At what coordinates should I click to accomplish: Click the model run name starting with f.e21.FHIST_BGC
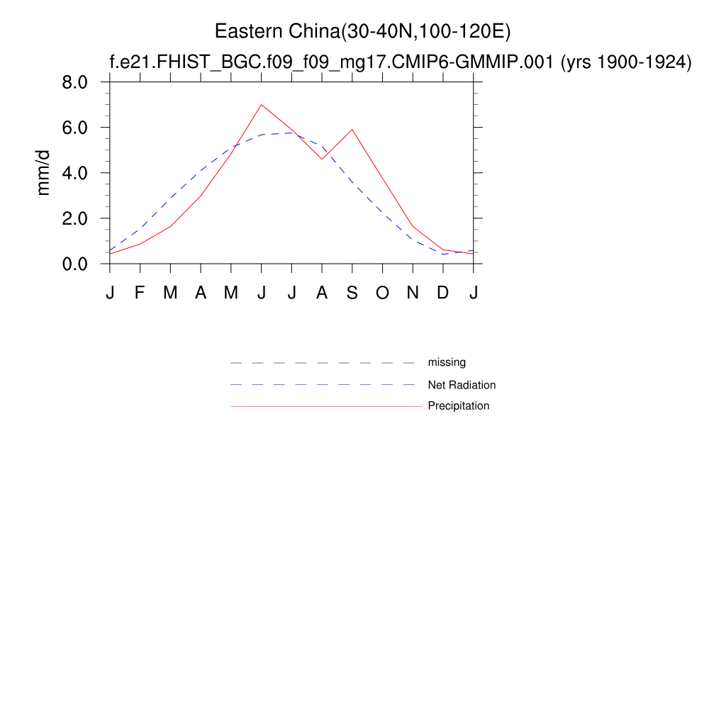(x=332, y=62)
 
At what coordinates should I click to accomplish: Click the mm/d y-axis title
(x=43, y=173)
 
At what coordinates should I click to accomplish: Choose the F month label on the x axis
(x=140, y=293)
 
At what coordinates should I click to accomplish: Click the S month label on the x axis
(x=352, y=293)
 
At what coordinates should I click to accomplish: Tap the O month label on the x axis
(x=382, y=293)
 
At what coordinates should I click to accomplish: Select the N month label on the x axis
(x=413, y=293)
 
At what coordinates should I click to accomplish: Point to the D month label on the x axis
(x=443, y=293)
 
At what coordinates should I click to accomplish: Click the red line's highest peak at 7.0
(x=262, y=105)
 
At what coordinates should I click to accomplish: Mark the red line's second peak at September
(x=352, y=130)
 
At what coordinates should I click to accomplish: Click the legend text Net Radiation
(x=462, y=385)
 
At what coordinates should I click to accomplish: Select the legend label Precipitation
(x=458, y=406)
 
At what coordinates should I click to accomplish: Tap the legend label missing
(x=447, y=362)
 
